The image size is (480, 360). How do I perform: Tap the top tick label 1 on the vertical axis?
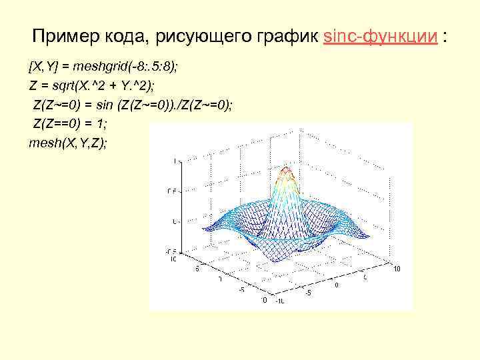point(175,161)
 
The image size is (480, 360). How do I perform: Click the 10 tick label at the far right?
point(397,269)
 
